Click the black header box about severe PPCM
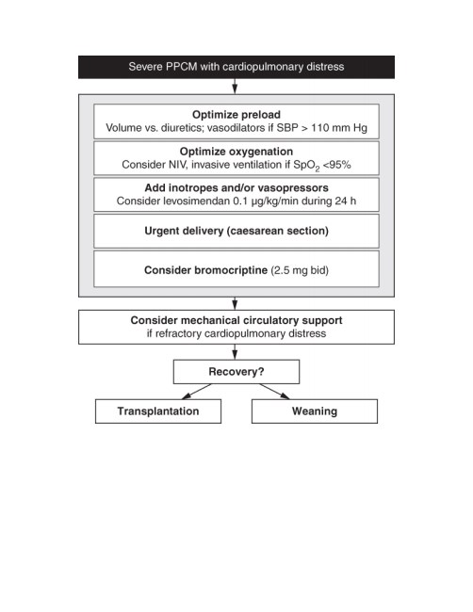pos(236,67)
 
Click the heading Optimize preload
pos(236,114)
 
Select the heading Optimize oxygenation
pos(236,152)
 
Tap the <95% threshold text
pos(336,165)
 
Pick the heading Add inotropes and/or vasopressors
pos(236,187)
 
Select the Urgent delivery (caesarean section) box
pos(236,231)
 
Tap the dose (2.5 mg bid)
pos(300,270)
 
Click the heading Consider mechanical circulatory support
pos(236,320)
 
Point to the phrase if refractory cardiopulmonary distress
pos(236,333)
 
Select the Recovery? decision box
pos(236,372)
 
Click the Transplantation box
pos(158,411)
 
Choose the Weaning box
pos(315,411)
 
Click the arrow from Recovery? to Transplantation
pos(197,392)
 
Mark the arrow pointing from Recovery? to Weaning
pos(274,392)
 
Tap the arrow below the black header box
pos(235,87)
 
